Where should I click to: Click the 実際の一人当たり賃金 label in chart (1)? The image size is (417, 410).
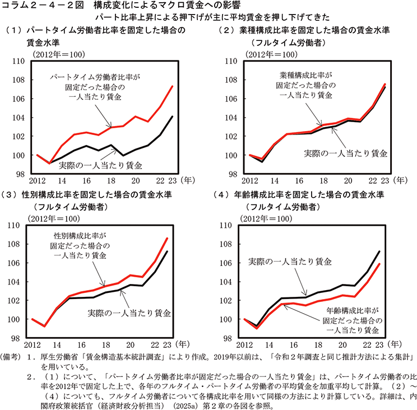point(104,165)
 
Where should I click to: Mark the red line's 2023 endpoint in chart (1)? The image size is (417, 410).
point(172,86)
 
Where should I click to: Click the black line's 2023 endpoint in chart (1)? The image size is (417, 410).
point(172,117)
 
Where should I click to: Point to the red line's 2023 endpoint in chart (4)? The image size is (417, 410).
point(379,264)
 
